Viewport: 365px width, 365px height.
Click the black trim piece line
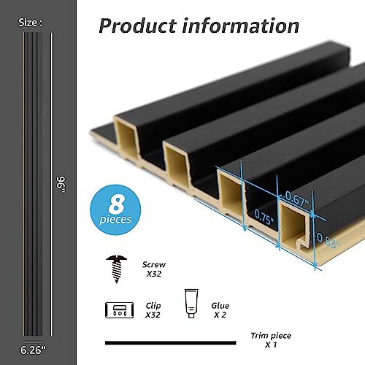coord(171,342)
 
